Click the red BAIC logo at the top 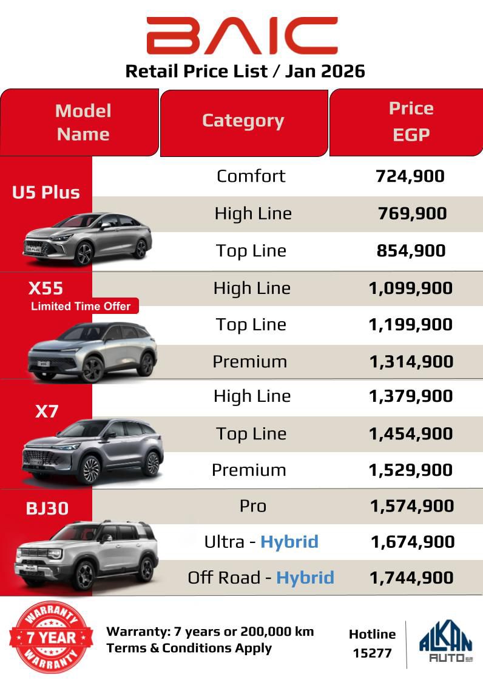point(241,35)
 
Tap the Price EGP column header point(411,121)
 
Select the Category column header point(243,121)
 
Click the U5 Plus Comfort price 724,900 point(410,176)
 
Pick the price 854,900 point(411,251)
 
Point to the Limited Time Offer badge point(81,306)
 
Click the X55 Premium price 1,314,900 point(411,362)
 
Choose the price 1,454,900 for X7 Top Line point(411,434)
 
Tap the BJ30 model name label point(47,508)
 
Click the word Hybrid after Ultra point(289,541)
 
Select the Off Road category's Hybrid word point(305,578)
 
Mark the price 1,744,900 point(411,578)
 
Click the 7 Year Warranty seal point(51,637)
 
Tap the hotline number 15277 point(372,653)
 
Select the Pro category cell point(252,506)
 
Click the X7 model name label point(47,412)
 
